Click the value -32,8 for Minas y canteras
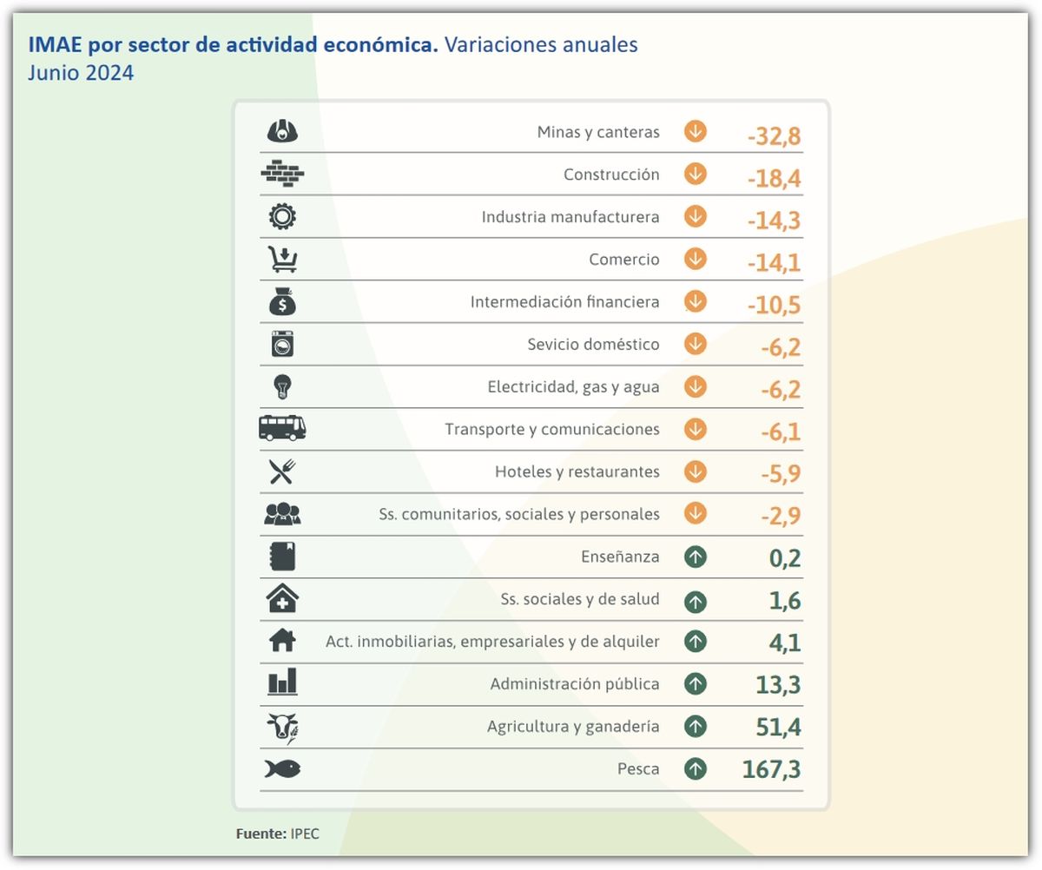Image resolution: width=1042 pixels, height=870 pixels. [773, 136]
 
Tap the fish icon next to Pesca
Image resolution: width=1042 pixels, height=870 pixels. [282, 768]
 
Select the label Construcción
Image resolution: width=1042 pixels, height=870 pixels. [611, 175]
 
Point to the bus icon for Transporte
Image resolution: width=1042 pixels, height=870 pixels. [282, 428]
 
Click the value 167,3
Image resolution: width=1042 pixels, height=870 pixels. [771, 770]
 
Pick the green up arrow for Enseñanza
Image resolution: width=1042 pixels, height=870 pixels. [695, 557]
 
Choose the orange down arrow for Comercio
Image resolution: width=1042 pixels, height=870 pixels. [695, 259]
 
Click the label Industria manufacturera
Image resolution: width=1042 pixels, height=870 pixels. [570, 217]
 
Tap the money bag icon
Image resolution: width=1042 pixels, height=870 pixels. [282, 301]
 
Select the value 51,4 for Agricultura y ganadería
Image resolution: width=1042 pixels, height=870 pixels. [778, 728]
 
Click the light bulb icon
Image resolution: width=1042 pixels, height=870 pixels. [282, 386]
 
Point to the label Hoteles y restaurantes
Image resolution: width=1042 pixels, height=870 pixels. [577, 472]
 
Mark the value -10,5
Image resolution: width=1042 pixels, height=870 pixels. [773, 306]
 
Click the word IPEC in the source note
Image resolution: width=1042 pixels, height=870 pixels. [305, 834]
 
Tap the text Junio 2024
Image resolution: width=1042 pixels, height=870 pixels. [81, 73]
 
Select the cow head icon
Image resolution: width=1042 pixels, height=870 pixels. [282, 727]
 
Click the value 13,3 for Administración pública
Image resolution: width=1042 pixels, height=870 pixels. [778, 685]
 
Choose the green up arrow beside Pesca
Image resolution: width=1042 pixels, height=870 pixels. [695, 768]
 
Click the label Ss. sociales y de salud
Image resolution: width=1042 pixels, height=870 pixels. [580, 599]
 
